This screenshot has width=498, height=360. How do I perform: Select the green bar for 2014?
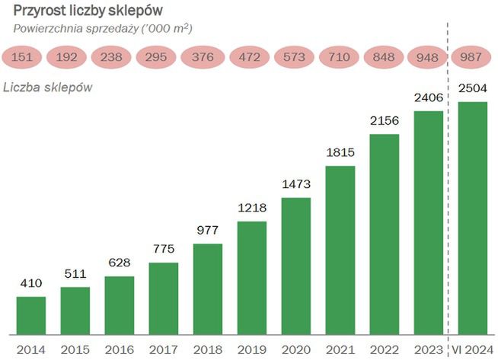click(31, 315)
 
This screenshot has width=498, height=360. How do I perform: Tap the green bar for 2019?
click(252, 278)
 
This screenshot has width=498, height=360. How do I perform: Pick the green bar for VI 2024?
click(472, 218)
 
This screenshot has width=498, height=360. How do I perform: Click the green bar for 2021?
click(340, 250)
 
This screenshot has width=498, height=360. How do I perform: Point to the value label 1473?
click(296, 185)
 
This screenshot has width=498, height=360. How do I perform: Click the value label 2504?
click(472, 89)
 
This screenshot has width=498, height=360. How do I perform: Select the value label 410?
click(31, 284)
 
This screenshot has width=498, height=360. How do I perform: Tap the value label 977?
click(208, 231)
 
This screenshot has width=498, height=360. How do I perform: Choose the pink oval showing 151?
click(23, 57)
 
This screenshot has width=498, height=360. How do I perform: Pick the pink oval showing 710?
click(337, 57)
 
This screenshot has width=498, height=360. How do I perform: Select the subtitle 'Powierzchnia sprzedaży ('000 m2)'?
click(103, 28)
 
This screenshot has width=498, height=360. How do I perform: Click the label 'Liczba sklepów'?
click(48, 87)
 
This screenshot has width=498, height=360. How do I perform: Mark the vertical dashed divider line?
click(448, 190)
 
